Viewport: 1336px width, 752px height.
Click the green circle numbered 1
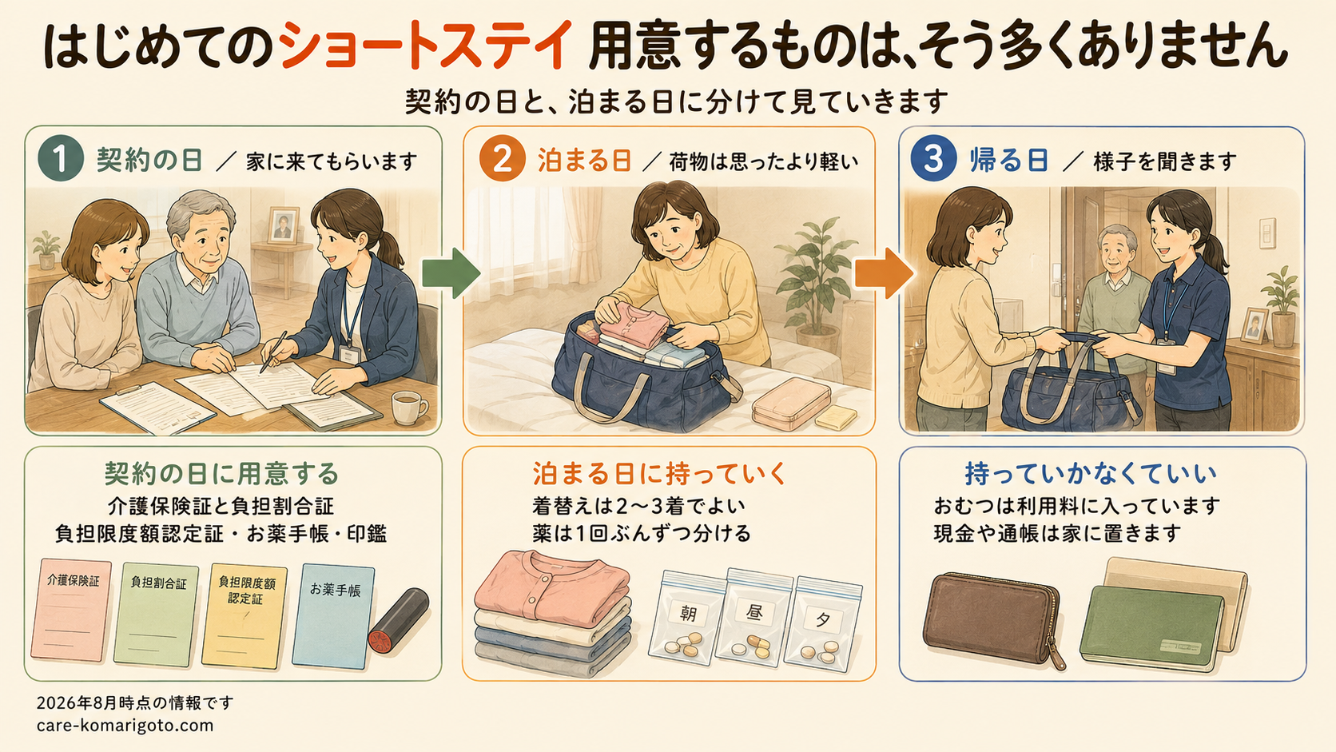(61, 158)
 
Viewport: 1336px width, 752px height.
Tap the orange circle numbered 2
(502, 158)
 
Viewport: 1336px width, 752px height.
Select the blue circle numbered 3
(933, 158)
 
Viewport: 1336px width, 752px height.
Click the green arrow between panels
(451, 273)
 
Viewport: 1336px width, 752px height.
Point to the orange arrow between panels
(884, 273)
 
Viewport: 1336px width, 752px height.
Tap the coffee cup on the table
(409, 408)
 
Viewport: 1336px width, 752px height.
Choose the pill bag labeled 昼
(754, 617)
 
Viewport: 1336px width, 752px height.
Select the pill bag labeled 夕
(822, 624)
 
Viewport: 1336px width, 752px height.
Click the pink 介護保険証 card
(72, 610)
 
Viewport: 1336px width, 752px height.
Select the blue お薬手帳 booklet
(333, 616)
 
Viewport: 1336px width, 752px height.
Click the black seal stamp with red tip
(399, 620)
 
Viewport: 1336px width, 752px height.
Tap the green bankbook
(1151, 627)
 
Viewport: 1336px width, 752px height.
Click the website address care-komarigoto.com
(125, 726)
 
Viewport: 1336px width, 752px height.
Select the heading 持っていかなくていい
(1091, 474)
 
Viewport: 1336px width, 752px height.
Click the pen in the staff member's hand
(274, 352)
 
